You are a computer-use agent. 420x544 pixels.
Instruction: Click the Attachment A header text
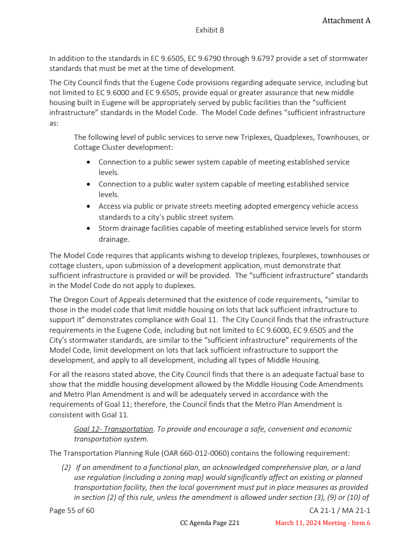[x=346, y=20]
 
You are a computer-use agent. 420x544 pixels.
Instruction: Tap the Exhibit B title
[x=210, y=30]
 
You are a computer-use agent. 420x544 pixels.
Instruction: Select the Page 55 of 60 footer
[x=72, y=510]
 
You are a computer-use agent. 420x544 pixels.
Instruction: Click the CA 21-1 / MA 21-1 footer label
[x=340, y=510]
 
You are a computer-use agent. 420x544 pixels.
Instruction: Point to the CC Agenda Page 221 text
[x=210, y=523]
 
